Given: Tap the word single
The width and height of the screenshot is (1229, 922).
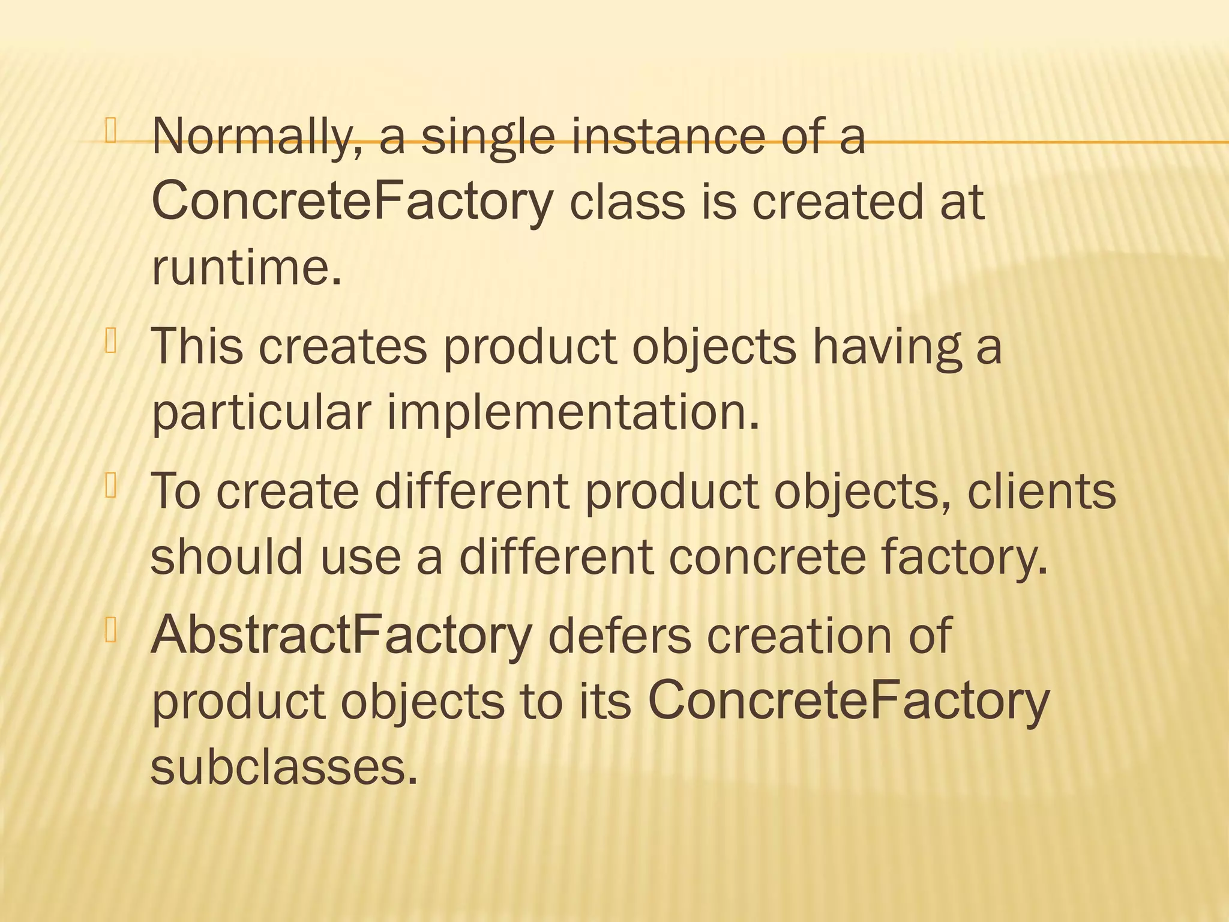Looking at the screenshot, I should pyautogui.click(x=487, y=137).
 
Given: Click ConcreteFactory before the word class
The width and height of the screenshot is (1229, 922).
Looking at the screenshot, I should pyautogui.click(x=352, y=202).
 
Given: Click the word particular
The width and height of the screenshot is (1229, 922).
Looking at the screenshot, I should pyautogui.click(x=261, y=414).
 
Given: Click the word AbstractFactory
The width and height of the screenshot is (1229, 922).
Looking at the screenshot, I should pyautogui.click(x=341, y=635).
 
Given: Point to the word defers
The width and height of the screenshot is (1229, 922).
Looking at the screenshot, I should pyautogui.click(x=619, y=635).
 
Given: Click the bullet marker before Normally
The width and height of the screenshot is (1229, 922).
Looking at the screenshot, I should pyautogui.click(x=110, y=132).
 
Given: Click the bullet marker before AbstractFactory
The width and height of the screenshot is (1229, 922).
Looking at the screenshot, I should pyautogui.click(x=110, y=630).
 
